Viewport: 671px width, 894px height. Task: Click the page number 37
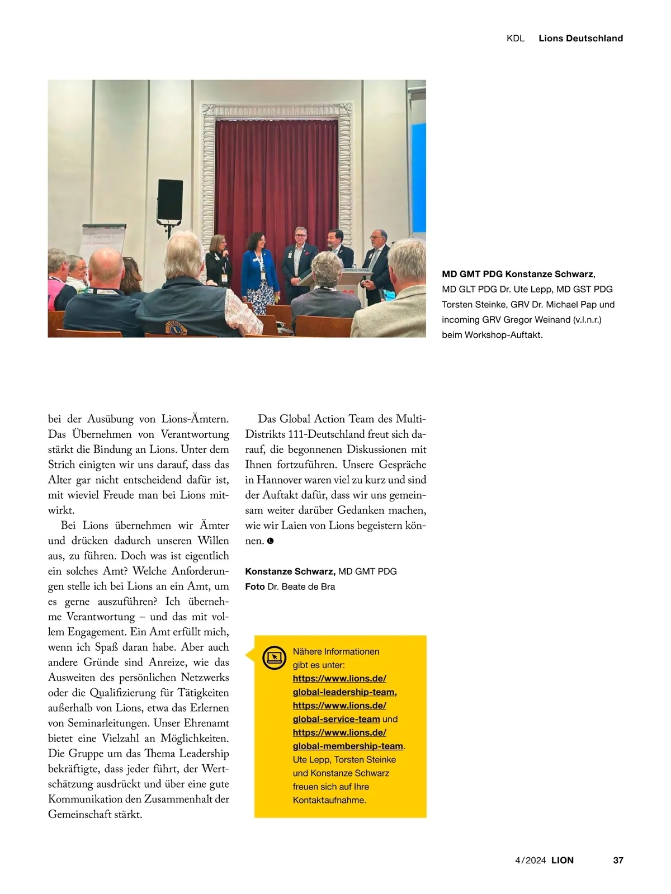[x=618, y=860]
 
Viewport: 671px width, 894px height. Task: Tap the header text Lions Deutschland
[x=580, y=38]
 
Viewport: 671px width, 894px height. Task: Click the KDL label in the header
[x=515, y=38]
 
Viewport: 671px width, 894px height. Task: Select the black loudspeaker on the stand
[x=170, y=200]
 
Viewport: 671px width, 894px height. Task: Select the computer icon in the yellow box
[x=274, y=658]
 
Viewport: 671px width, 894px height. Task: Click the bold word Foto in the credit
[x=254, y=586]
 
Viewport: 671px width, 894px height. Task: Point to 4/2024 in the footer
[x=530, y=860]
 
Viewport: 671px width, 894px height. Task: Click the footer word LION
[x=563, y=860]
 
